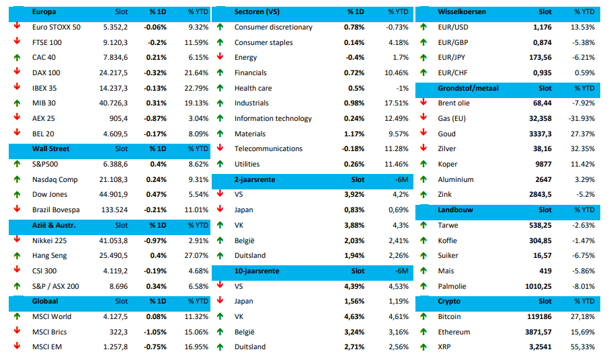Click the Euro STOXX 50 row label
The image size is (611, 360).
point(56,27)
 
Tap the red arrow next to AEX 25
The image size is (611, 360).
point(16,118)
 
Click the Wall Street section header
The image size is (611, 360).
point(50,149)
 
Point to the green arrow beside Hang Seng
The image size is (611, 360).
point(16,255)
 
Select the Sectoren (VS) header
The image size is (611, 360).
point(257,12)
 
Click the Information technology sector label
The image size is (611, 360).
point(273,118)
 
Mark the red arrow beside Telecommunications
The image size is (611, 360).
point(220,148)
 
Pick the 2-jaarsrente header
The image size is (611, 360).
point(255,180)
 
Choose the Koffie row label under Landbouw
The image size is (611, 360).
point(447,240)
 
